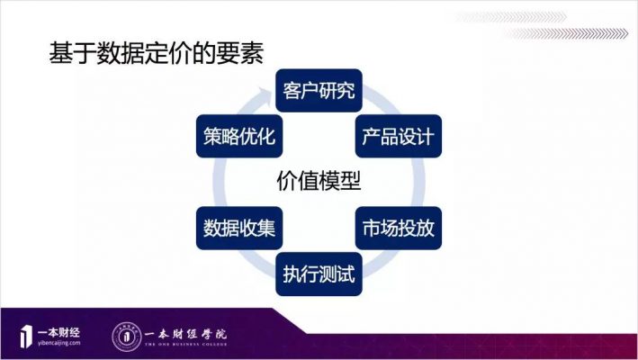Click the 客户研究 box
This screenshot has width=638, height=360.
(319, 90)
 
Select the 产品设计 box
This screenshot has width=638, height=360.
(399, 136)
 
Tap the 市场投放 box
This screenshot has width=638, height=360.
(399, 228)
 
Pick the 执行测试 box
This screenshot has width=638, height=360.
(319, 274)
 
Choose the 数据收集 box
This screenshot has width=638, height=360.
(239, 228)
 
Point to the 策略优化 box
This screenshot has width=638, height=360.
(239, 136)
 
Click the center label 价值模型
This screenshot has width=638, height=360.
(319, 181)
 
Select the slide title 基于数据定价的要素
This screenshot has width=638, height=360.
(157, 53)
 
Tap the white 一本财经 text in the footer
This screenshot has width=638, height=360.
(58, 332)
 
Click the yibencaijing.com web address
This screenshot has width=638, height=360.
(59, 343)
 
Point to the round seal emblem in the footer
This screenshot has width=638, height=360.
(127, 337)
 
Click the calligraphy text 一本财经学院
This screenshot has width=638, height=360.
(186, 335)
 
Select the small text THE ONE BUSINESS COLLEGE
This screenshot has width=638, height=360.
(186, 345)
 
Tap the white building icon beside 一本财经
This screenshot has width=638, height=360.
(26, 337)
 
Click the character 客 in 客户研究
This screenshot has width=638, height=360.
(292, 90)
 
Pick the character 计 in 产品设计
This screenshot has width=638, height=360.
(426, 136)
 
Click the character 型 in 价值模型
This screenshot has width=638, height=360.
(351, 181)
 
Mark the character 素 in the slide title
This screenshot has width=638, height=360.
(252, 53)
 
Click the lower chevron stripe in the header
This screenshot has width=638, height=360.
(566, 34)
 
